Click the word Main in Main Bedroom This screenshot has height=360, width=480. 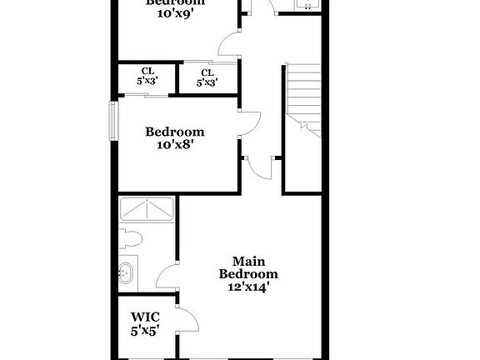point(248,261)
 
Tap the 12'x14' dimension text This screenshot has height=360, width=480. point(248,286)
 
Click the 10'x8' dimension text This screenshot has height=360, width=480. point(175,144)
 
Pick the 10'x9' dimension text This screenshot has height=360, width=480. point(175,14)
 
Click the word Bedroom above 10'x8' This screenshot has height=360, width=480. point(175,131)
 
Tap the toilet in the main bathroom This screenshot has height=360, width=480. point(131,238)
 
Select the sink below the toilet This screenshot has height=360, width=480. point(127,271)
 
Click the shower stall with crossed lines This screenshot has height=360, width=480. point(147,208)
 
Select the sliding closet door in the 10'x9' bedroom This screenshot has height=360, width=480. point(208,61)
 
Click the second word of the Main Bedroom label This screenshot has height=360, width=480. point(248,273)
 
